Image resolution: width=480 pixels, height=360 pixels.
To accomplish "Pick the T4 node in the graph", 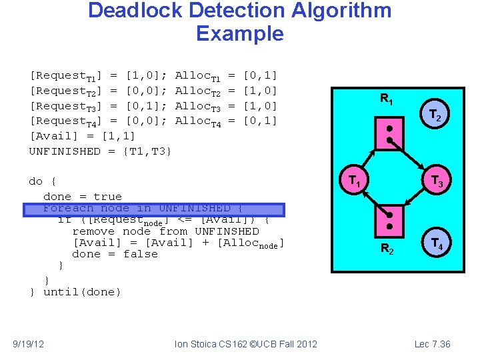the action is point(437,244).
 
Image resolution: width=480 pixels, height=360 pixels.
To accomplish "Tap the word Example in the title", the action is point(240,33).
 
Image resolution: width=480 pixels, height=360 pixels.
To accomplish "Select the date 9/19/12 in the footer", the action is point(29,344).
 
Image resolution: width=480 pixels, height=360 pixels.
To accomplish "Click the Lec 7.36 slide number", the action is point(432,344).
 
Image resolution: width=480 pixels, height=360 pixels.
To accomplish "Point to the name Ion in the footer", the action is point(180,344).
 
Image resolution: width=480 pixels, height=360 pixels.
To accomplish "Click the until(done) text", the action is point(83,292).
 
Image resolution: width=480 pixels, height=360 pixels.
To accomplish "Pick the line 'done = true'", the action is point(83,197).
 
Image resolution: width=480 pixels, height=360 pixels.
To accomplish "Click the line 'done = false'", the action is point(115,254).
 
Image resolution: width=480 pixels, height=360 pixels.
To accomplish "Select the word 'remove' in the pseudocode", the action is point(94,231).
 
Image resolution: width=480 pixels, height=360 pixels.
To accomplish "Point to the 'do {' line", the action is point(43,181).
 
